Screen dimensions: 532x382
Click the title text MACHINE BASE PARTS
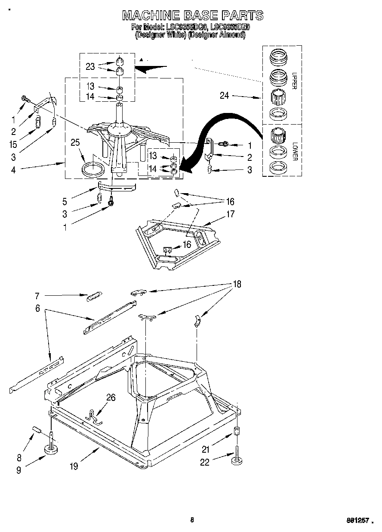coord(192,16)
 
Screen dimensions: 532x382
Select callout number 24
coord(225,96)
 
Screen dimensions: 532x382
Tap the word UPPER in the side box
coord(294,80)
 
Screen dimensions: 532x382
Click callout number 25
coord(76,142)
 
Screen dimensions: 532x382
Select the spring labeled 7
coord(94,297)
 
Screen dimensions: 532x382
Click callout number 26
coord(111,397)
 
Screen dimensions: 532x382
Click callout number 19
coord(74,466)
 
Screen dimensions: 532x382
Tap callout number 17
coord(231,213)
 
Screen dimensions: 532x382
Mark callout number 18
coord(237,284)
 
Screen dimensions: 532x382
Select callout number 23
coord(90,66)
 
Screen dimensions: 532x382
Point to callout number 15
coord(13,145)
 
